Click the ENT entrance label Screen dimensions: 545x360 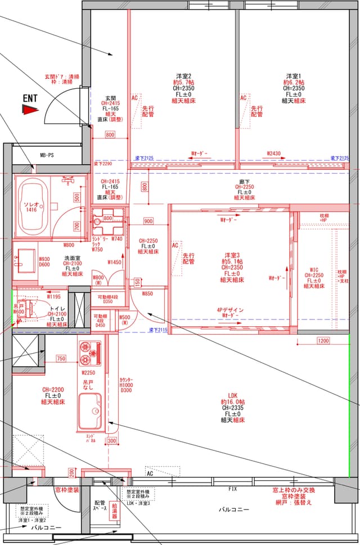point(30,98)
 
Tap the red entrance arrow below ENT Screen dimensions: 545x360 point(30,110)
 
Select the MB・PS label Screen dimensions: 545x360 point(47,155)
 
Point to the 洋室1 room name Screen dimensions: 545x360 point(293,76)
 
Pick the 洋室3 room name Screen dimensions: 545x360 point(231,255)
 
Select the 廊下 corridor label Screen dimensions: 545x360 point(244,181)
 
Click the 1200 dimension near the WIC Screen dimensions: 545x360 point(323,341)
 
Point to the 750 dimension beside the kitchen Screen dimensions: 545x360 point(61,359)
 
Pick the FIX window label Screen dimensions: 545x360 point(232,489)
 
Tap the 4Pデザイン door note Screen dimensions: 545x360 point(230,310)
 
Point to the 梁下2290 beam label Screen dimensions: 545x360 point(102,163)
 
